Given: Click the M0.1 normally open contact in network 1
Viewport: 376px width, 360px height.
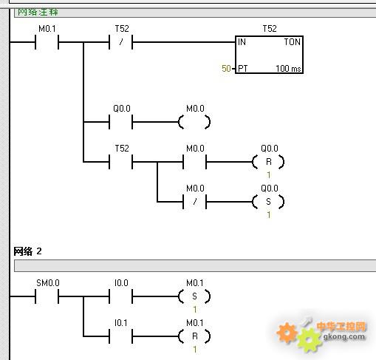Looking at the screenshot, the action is [x=47, y=42].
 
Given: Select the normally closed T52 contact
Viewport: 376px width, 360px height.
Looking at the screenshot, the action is [x=121, y=42].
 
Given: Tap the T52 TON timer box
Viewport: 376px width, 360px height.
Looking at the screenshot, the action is [x=269, y=55].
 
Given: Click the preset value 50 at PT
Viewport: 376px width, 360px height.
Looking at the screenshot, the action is [x=226, y=68].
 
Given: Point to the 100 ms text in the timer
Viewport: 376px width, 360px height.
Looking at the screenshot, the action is [x=288, y=69].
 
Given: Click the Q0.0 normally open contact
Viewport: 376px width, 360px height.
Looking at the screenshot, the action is [x=121, y=122].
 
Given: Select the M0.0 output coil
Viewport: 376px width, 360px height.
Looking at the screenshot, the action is [x=194, y=122].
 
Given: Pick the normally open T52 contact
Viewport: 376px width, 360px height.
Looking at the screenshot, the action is [x=121, y=162].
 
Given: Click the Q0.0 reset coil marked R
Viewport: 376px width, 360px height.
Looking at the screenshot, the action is [x=268, y=162].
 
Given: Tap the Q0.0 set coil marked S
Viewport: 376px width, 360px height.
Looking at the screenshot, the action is [x=268, y=202].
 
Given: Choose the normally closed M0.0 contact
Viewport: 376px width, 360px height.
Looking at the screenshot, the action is [x=194, y=202].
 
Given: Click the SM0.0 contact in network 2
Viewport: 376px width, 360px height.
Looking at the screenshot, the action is [x=47, y=296].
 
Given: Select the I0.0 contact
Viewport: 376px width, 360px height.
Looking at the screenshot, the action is [x=121, y=296].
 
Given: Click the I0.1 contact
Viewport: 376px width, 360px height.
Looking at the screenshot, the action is [x=121, y=336].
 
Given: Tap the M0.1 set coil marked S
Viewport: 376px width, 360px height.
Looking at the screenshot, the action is [x=194, y=296].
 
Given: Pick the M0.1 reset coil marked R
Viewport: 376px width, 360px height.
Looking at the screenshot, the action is [x=194, y=336].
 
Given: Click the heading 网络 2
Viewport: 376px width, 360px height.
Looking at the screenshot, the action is [x=27, y=251].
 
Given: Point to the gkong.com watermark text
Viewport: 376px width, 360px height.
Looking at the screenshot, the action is [x=344, y=336].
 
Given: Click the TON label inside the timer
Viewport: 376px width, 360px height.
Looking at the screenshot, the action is [x=292, y=42].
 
